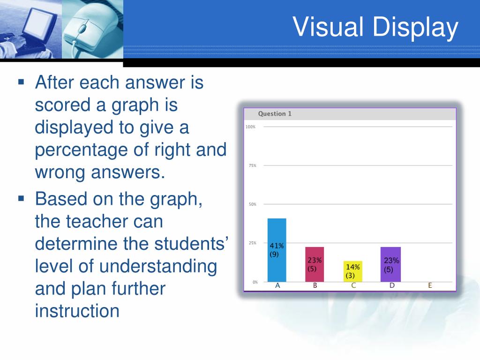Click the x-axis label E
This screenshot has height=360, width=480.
[x=430, y=285]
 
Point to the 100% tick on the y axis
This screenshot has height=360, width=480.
[x=250, y=127]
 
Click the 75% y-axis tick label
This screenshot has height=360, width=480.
[x=252, y=165]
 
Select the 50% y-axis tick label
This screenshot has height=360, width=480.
[x=252, y=204]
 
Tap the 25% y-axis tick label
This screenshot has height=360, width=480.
[x=252, y=243]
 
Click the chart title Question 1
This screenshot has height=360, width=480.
[x=275, y=114]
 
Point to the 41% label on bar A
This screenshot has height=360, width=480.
[x=277, y=246]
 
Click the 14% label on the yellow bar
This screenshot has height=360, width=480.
[x=352, y=267]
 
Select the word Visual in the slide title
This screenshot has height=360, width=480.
[x=328, y=27]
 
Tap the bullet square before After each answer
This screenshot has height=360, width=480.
[x=21, y=82]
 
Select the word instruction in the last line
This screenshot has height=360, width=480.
[x=77, y=310]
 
